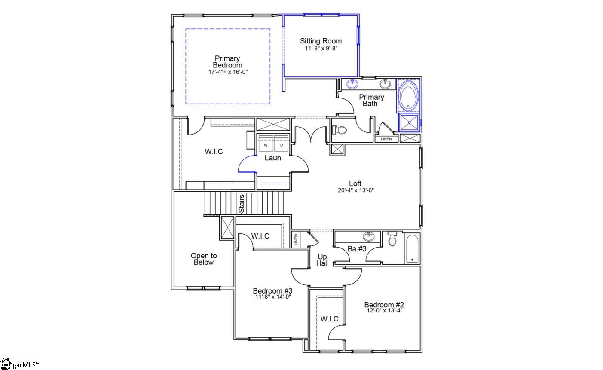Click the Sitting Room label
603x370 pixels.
321,41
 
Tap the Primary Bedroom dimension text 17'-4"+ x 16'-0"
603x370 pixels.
228,72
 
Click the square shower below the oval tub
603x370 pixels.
409,122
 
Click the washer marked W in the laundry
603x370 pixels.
266,145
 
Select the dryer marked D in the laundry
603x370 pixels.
282,145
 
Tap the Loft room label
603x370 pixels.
355,184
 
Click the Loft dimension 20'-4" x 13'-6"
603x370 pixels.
355,190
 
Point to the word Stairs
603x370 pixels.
242,204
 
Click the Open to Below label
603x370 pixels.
204,259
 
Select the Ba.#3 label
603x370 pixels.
357,249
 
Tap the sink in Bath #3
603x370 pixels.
368,237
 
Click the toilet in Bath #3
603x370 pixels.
392,239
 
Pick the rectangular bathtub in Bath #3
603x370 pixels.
412,249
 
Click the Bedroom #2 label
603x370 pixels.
384,305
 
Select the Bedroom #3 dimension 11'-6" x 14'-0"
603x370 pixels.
272,297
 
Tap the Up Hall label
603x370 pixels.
322,260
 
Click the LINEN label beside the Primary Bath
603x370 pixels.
386,139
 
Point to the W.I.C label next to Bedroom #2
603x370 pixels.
329,319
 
